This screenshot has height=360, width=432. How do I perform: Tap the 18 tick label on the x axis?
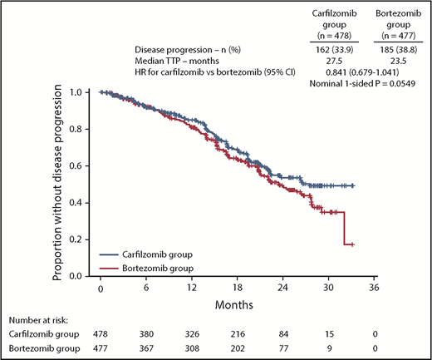pyautogui.click(x=238, y=289)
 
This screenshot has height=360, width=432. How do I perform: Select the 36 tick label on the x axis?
pyautogui.click(x=375, y=289)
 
